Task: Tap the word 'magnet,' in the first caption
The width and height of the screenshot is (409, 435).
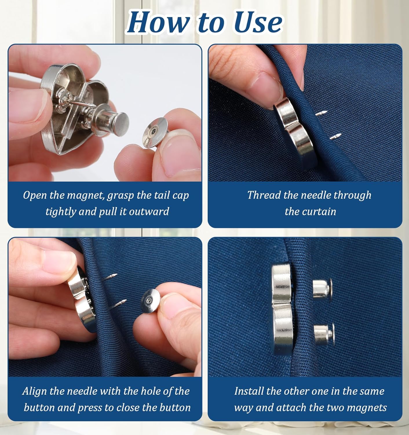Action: (85, 195)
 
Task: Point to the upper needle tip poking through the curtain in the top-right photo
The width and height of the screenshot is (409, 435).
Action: (325, 112)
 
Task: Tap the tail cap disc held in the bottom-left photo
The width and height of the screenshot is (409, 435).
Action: (151, 302)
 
